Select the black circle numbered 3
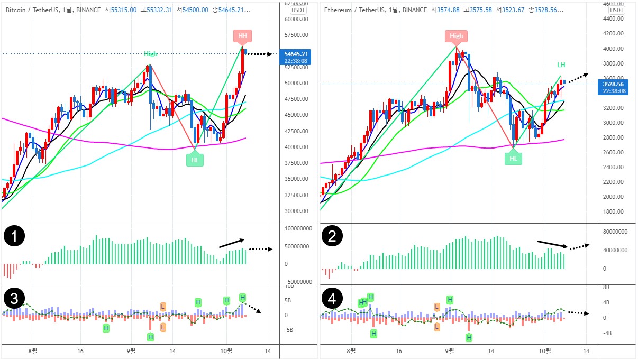point(15,299)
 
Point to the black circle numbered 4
point(333,299)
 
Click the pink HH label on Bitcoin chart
point(243,36)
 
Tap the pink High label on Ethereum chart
point(456,36)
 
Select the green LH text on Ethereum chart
point(561,65)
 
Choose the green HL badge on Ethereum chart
point(513,158)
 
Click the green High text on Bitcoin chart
point(151,54)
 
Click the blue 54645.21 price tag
point(297,57)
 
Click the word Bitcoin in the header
point(16,10)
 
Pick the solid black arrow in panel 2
point(552,244)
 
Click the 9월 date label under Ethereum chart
point(450,351)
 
